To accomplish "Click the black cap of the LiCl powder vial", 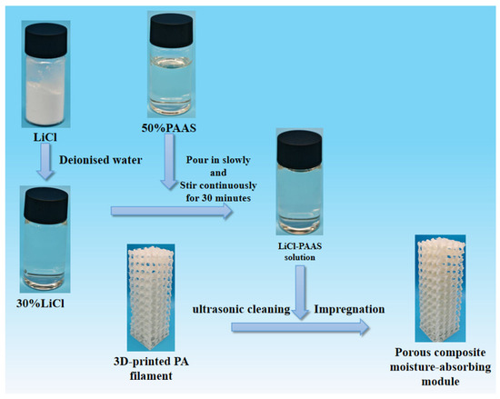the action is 46,35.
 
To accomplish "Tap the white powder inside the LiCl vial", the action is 45,103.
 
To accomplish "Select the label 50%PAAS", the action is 169,128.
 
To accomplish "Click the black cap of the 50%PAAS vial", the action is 172,30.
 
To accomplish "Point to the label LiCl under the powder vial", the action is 45,137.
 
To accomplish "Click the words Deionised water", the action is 100,160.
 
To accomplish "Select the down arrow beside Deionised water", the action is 45,161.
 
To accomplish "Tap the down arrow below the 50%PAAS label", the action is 169,162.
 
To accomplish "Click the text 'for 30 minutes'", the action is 218,198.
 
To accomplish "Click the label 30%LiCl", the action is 40,304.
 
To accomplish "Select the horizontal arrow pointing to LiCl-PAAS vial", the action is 172,211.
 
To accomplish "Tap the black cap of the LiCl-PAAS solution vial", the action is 299,148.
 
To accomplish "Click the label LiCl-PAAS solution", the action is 300,252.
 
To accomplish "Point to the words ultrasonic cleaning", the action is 242,309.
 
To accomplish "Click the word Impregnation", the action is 349,309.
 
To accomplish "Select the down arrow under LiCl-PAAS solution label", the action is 300,293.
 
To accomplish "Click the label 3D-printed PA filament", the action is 151,369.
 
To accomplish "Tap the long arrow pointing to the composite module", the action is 300,327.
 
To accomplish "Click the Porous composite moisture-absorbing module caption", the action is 440,367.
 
